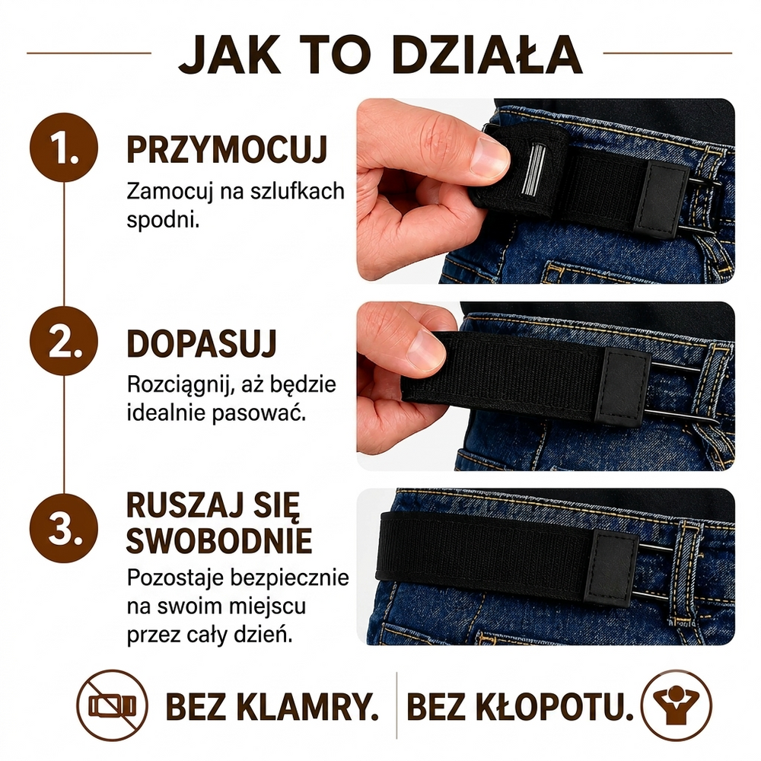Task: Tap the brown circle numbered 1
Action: coord(64,148)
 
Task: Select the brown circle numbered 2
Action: coord(64,341)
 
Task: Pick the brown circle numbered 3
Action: coord(64,528)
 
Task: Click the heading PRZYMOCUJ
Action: coord(227,149)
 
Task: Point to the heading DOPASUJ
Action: coord(202,344)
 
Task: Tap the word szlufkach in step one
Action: coord(298,191)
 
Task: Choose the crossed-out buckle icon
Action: coord(113,705)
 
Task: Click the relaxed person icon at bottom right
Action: coord(676,705)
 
